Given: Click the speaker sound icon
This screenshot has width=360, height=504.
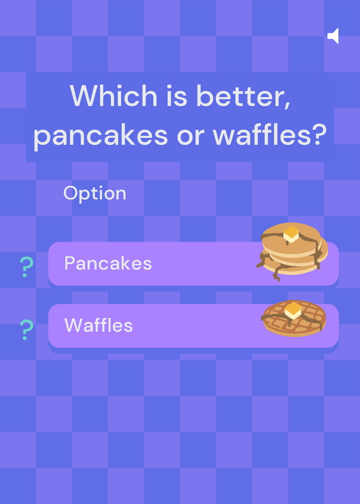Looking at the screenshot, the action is coord(334,36).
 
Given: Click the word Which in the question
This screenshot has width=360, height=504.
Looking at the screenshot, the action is coord(113,96).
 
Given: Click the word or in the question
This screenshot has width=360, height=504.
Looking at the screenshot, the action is coord(190,137).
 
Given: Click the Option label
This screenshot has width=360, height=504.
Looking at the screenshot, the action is coord(95,193).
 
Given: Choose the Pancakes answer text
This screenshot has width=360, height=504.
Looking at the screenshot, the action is coord(108,263).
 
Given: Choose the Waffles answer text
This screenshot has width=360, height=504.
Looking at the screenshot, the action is coord(98,325).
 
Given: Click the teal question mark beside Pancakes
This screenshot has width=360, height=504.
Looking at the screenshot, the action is coord(26,266).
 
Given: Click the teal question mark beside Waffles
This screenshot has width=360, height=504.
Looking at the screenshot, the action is coord(26,329).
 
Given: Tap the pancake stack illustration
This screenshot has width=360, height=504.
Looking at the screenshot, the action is coord(292,251).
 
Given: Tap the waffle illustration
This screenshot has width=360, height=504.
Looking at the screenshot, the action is coord(294,318).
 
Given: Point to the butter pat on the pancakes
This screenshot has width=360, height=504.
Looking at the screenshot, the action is coord(291,234).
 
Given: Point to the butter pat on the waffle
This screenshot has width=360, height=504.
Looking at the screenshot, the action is coord(293,311).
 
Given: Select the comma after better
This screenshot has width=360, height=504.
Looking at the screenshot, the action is coord(287,105).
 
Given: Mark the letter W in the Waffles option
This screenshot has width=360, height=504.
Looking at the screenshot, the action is coord(74,325).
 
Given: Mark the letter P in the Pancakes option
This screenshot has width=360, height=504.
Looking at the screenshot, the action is coord(70,263).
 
